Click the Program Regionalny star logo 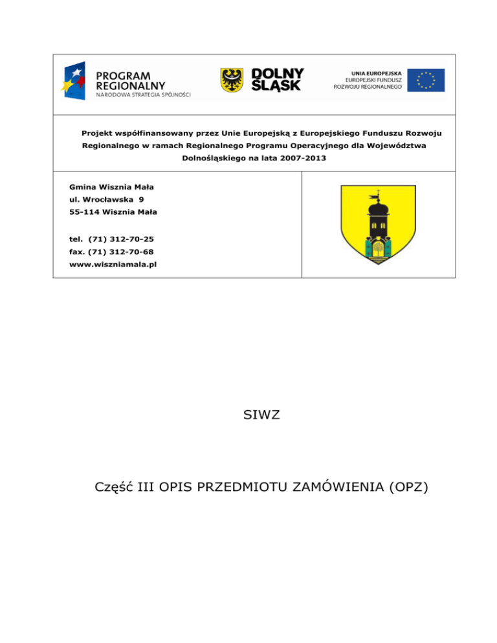(76, 81)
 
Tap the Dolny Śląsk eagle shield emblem (232, 80)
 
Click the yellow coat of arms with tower (379, 224)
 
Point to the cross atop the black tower (373, 193)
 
